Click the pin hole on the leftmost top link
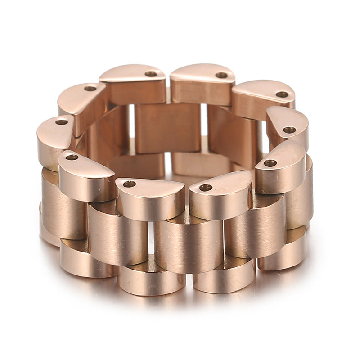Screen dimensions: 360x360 [61, 122]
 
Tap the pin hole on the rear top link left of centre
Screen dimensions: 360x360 [151, 74]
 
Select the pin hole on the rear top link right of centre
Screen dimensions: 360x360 [221, 75]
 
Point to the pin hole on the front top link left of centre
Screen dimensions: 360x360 [129, 184]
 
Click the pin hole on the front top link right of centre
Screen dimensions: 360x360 [206, 187]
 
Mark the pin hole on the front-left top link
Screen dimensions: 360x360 [72, 157]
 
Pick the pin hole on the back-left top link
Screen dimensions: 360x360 [90, 88]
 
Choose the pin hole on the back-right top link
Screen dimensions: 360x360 [282, 94]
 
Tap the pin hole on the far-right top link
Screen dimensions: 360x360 [289, 130]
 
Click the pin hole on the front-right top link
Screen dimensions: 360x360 [270, 163]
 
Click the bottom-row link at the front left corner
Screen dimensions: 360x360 [85, 261]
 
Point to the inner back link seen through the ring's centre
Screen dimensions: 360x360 [167, 127]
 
